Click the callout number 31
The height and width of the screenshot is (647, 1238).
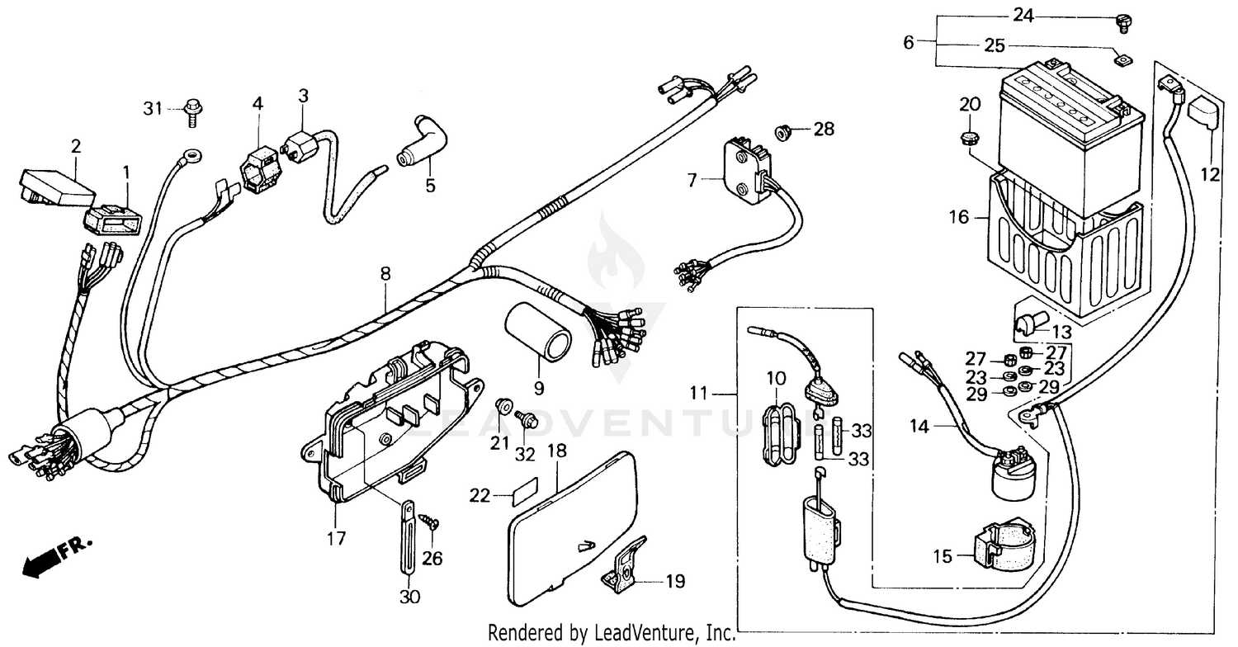(154, 110)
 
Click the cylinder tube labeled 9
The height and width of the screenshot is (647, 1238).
(539, 332)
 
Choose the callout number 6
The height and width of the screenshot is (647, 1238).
(909, 42)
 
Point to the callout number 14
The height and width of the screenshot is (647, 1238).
(920, 427)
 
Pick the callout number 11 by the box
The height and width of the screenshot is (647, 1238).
(699, 395)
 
